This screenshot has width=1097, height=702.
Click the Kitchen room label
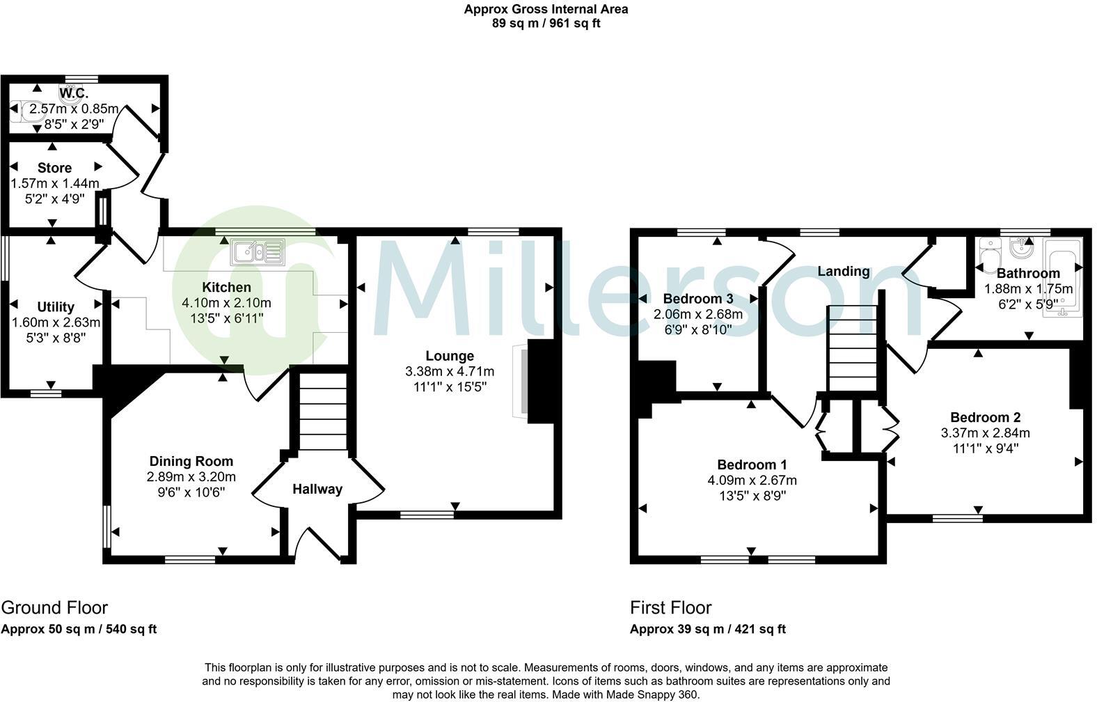226,287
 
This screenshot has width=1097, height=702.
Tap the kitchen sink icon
258,251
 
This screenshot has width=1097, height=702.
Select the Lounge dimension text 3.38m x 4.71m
450,371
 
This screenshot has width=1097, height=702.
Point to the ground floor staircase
322,412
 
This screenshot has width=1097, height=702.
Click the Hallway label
317,489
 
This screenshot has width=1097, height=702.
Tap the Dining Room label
191,461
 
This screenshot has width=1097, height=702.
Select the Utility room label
56,306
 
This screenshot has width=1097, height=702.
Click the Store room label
54,168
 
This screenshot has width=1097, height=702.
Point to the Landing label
843,271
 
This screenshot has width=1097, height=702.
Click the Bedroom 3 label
698,298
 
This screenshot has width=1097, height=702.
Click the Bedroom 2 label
985,417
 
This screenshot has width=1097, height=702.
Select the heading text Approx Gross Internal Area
546,9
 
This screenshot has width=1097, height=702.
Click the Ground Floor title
54,607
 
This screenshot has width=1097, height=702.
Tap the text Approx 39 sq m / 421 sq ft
707,629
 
